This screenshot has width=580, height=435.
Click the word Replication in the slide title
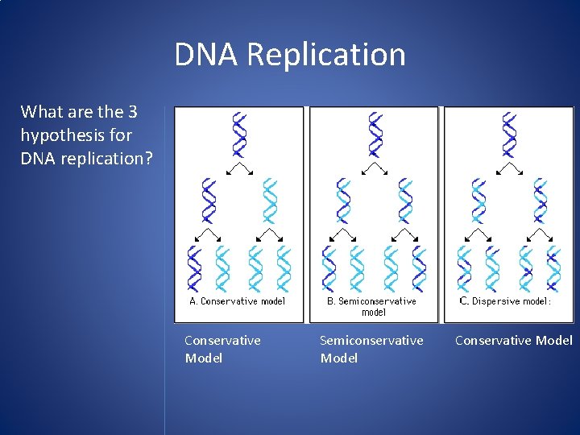325,55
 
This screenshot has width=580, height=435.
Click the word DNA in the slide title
207,55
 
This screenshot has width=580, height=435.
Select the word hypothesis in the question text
60,135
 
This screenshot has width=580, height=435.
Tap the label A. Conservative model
237,301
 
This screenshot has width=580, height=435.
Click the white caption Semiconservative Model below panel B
371,349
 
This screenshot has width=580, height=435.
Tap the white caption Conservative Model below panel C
514,340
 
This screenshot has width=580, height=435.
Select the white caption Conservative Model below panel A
222,349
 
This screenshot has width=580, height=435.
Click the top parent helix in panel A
238,135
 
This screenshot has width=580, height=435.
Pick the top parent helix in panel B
375,135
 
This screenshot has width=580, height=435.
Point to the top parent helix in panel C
509,135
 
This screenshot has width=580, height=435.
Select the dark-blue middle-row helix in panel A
209,201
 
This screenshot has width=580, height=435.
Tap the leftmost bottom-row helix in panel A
194,268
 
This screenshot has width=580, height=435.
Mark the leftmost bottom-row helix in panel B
329,268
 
